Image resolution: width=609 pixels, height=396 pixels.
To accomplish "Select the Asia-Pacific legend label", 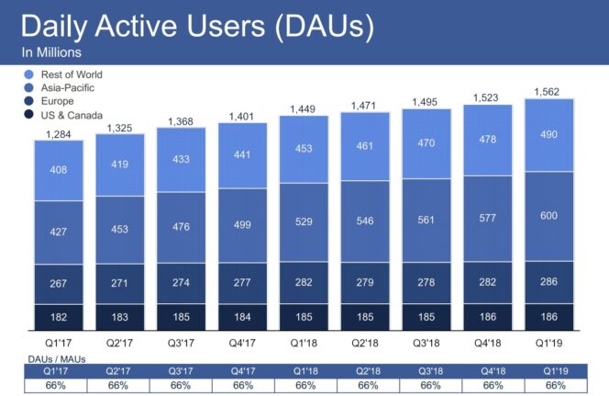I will [x=68, y=87].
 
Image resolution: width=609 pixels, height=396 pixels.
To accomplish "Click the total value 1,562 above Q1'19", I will [x=548, y=90].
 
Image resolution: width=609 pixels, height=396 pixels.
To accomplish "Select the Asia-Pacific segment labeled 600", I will [x=548, y=216].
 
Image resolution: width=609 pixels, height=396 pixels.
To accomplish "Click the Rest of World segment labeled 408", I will [x=59, y=170].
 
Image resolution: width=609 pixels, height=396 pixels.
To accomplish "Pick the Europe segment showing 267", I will [x=59, y=284].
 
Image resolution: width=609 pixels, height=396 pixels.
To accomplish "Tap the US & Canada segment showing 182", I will [x=59, y=316].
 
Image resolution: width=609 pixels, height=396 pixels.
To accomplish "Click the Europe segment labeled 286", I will [x=548, y=283].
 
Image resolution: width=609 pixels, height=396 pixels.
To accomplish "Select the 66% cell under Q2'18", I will [x=365, y=384].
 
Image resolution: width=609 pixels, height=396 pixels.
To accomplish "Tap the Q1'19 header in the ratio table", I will [x=548, y=370].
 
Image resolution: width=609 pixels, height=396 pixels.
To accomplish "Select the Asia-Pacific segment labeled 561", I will [x=426, y=221].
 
